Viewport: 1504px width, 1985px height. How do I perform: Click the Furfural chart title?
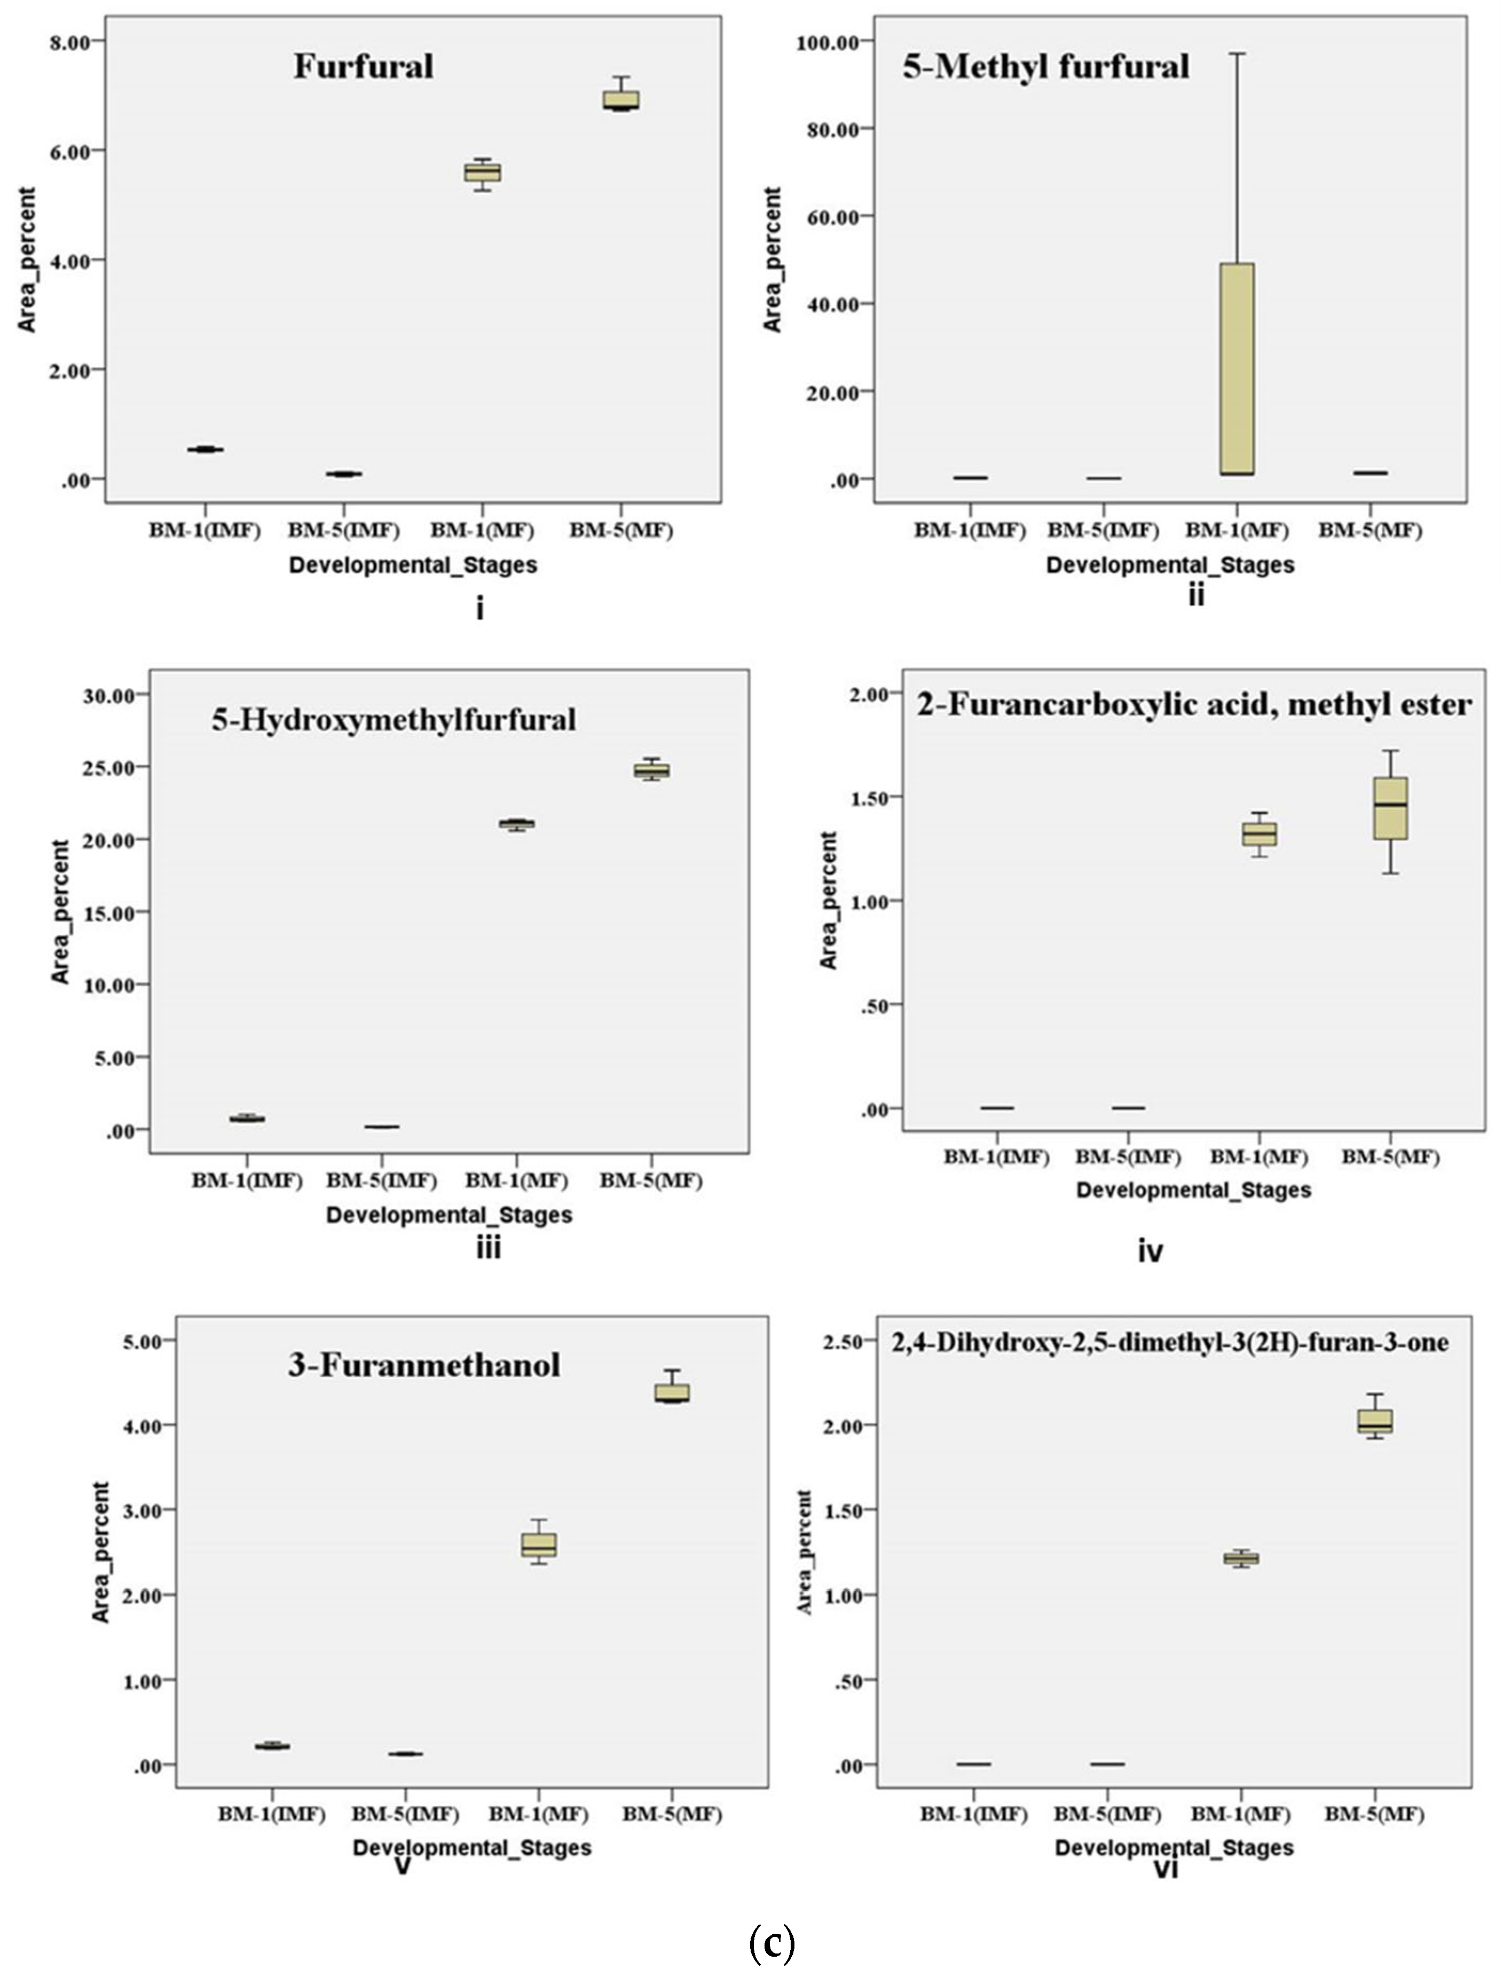[x=364, y=66]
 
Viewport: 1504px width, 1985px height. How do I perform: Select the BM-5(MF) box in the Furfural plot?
[x=621, y=100]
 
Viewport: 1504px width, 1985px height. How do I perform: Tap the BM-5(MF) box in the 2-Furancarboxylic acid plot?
[x=1390, y=808]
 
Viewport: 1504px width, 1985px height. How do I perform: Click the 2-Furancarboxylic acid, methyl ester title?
[x=1193, y=705]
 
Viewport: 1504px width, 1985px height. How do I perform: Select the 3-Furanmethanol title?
[x=423, y=1365]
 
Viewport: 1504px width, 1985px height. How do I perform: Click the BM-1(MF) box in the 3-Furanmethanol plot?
[x=539, y=1545]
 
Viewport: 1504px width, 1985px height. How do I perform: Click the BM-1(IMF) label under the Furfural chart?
[x=204, y=530]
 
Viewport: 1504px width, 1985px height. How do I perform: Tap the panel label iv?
[x=1149, y=1250]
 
